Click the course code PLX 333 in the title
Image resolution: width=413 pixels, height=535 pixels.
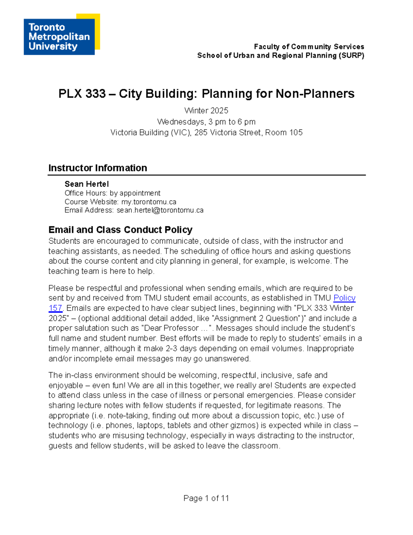point(82,94)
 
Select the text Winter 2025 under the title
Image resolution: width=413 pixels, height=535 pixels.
point(206,111)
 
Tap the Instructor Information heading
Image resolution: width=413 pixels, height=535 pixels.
point(98,168)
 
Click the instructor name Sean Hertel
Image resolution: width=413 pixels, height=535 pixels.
point(87,184)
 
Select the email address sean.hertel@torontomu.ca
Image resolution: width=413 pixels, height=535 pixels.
point(160,210)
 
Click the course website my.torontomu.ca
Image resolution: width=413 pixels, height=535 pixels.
point(149,202)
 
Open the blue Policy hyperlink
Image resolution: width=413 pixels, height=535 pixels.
point(344,298)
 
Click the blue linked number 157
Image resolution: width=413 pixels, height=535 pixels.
point(55,308)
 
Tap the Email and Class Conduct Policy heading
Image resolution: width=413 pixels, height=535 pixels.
point(120,230)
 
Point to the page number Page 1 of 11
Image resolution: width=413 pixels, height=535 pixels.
point(206,498)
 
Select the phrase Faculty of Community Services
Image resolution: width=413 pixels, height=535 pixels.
point(309,47)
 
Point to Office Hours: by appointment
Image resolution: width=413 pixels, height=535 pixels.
point(113,193)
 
